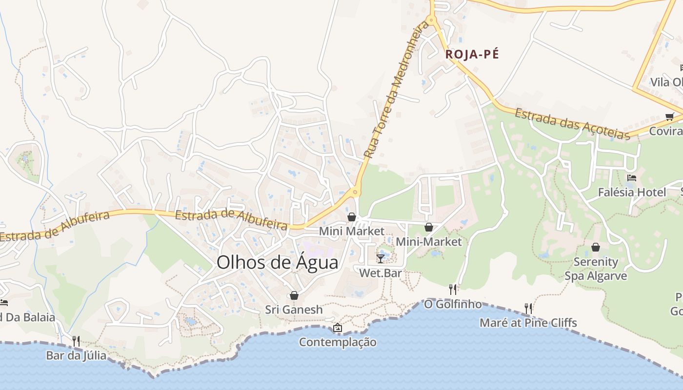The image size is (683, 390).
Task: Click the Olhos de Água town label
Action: click(x=277, y=262)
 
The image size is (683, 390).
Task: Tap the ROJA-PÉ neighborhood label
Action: click(x=472, y=55)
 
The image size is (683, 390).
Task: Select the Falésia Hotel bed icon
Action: click(x=632, y=178)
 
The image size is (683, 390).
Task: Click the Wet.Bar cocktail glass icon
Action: click(x=381, y=258)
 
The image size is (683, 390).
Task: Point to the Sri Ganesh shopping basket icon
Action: click(x=294, y=295)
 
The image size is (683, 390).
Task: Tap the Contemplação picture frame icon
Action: click(x=337, y=328)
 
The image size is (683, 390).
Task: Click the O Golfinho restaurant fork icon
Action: click(x=453, y=290)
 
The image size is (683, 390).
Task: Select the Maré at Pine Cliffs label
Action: click(x=528, y=323)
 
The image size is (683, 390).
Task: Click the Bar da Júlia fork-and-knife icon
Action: click(x=76, y=341)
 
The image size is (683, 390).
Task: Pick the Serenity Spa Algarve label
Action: click(x=596, y=269)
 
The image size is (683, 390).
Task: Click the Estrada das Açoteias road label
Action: click(x=572, y=123)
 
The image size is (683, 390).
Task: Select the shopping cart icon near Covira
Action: click(x=669, y=117)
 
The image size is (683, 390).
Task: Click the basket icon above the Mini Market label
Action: click(x=351, y=217)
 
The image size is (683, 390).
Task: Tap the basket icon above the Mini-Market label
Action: click(x=428, y=227)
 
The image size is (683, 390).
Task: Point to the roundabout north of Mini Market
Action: click(x=355, y=193)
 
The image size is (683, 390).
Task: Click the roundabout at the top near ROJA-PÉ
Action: click(x=430, y=20)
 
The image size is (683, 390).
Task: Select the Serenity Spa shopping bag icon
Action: click(x=595, y=247)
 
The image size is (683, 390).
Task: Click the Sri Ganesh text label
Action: click(x=294, y=310)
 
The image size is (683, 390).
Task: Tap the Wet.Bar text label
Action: click(x=381, y=273)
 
